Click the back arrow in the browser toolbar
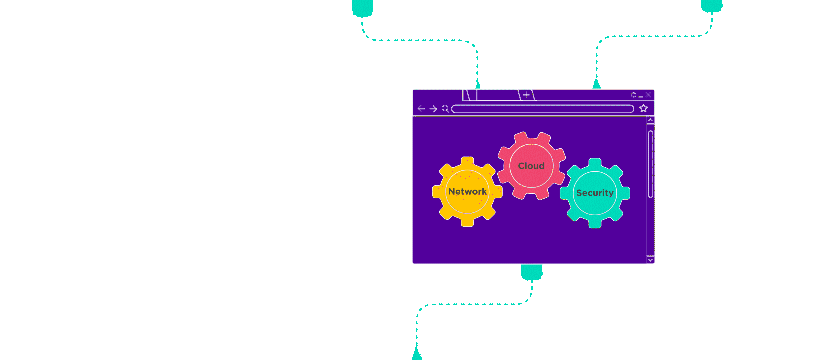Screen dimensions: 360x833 pos(421,109)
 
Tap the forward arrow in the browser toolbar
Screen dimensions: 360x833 pos(433,109)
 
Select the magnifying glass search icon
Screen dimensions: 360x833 pos(445,109)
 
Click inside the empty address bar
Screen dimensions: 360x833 pos(542,109)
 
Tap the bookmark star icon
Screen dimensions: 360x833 pos(643,108)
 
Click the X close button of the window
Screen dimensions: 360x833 pos(648,95)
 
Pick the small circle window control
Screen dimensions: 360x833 pos(633,95)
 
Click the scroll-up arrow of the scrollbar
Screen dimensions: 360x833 pos(650,120)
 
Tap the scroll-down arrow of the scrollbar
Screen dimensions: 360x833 pos(650,260)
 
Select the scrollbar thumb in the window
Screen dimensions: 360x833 pos(651,164)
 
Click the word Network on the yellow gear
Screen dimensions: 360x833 pos(467,191)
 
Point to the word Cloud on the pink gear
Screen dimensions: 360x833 pos(531,166)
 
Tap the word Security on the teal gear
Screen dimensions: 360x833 pos(595,193)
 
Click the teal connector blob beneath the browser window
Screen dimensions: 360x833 pos(532,272)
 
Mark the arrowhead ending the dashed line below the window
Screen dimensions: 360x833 pos(416,354)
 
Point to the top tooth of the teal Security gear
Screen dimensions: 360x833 pos(595,163)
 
